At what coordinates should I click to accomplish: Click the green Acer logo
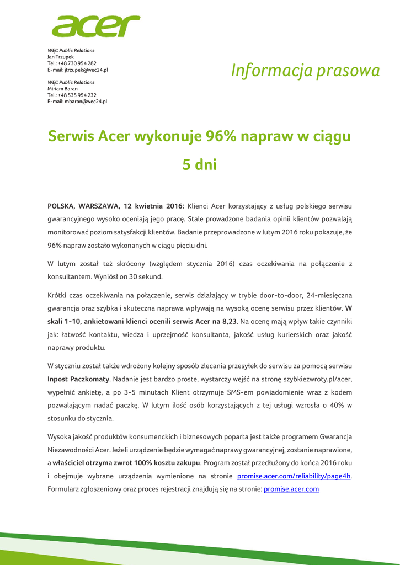(x=96, y=25)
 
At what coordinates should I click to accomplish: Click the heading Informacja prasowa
(x=305, y=71)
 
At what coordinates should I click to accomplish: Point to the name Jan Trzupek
(x=61, y=57)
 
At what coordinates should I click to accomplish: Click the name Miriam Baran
(x=62, y=88)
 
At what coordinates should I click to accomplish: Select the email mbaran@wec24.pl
(x=85, y=102)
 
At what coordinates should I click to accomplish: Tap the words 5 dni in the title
(x=200, y=164)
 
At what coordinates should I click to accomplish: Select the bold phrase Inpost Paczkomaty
(x=78, y=379)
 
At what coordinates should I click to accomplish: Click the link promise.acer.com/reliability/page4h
(x=294, y=476)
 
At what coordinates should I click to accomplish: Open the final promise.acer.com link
(x=291, y=489)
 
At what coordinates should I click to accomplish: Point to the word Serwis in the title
(x=71, y=135)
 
